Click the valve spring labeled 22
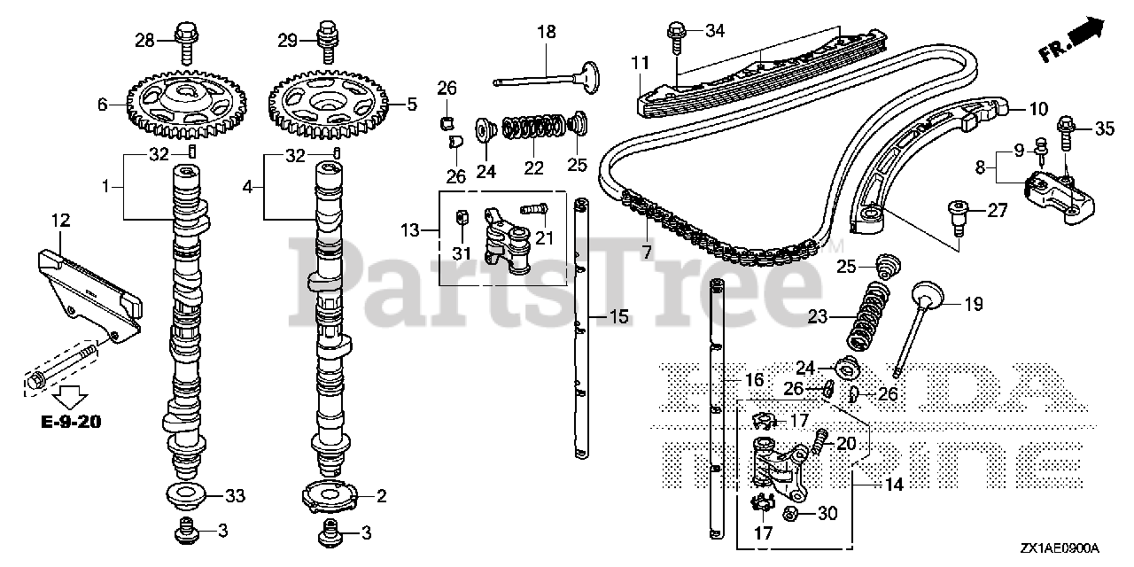(x=532, y=128)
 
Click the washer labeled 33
(x=182, y=493)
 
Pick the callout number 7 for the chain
(x=647, y=252)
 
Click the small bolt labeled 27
(x=955, y=212)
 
